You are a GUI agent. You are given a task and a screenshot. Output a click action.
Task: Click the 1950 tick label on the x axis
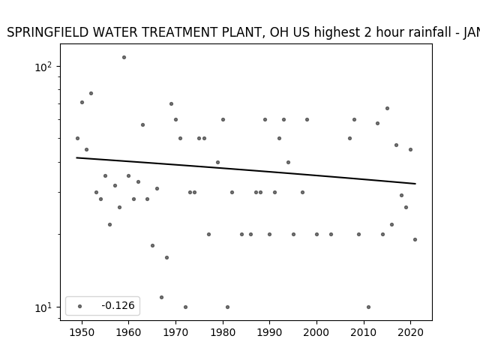(82, 332)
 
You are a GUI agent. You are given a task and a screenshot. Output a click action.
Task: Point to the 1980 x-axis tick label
(223, 332)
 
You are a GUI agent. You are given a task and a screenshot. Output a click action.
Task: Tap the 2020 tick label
(410, 332)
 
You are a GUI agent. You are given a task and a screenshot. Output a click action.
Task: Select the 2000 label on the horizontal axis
(316, 332)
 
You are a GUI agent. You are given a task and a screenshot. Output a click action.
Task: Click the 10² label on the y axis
(43, 67)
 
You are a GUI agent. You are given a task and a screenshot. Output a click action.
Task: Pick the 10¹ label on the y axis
(43, 307)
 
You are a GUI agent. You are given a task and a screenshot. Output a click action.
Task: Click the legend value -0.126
(118, 305)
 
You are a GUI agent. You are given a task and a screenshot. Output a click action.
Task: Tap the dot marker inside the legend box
(80, 306)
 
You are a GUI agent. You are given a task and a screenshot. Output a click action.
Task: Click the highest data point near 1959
(124, 57)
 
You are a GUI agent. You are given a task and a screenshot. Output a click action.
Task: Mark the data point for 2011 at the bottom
(368, 307)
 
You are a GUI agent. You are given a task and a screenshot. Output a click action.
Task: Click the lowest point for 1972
(185, 307)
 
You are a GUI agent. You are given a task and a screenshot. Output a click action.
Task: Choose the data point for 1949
(77, 138)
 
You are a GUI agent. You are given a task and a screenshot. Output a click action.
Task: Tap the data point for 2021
(415, 239)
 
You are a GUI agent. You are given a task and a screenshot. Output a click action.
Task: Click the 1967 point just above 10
(162, 297)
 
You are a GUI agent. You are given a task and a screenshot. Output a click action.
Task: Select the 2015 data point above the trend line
(387, 108)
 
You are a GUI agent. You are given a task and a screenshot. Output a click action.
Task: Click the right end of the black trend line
(415, 184)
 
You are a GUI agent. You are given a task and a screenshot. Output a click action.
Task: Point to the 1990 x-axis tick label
(270, 332)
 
